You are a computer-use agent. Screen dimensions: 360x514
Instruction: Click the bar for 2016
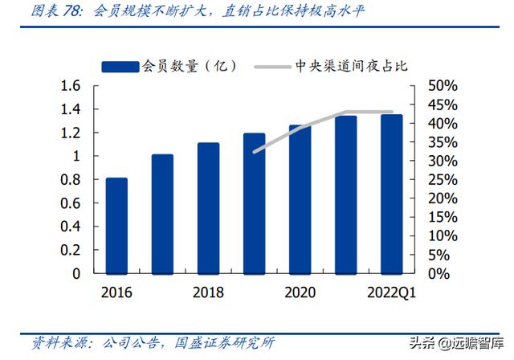click(x=116, y=225)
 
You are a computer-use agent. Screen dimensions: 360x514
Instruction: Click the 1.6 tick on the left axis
click(x=71, y=86)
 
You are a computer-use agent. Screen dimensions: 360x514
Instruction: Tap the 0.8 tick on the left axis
click(x=71, y=179)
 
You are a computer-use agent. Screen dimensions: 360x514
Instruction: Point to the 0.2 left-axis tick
click(x=71, y=250)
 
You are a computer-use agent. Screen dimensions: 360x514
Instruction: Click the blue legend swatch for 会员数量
click(x=120, y=64)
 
